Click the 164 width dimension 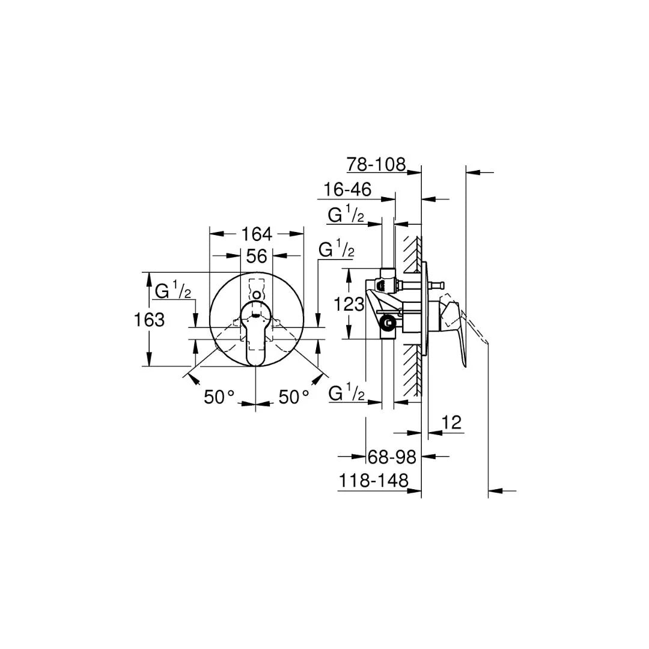click(x=257, y=233)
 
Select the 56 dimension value click(x=257, y=256)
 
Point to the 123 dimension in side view click(x=350, y=304)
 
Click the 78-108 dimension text click(x=376, y=164)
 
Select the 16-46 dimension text click(x=347, y=189)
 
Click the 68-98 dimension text click(x=392, y=457)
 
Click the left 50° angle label click(x=219, y=397)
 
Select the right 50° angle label click(x=294, y=397)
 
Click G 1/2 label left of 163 click(x=173, y=291)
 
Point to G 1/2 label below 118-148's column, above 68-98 click(x=347, y=394)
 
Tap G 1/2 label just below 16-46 click(x=346, y=215)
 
